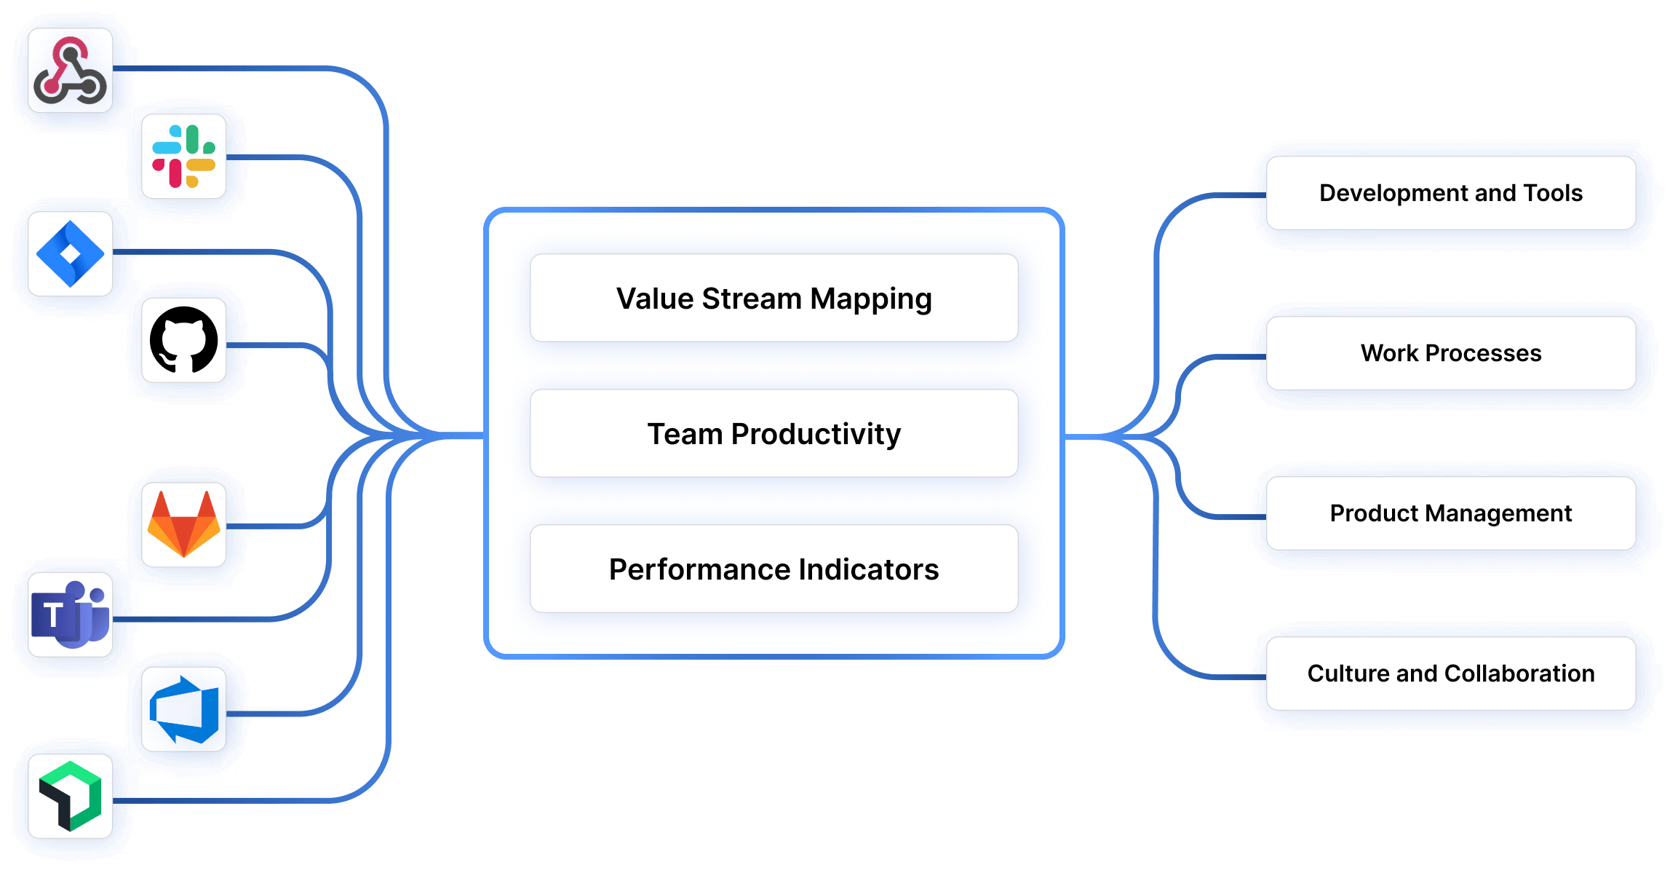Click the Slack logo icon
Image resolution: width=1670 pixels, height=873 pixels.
pos(183,157)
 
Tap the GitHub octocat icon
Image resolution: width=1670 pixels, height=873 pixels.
pos(183,340)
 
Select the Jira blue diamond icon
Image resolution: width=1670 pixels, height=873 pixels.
pos(71,254)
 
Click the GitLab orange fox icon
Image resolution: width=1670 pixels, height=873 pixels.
pos(183,524)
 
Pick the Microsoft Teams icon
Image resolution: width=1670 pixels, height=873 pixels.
pos(71,615)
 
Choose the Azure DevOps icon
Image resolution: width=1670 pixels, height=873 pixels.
pos(183,709)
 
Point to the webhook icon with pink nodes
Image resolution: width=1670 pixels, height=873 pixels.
pos(71,71)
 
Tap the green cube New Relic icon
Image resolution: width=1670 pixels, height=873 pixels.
pos(71,796)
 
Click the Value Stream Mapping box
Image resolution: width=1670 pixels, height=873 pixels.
pos(774,298)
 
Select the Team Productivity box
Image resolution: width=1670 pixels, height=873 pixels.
pos(774,433)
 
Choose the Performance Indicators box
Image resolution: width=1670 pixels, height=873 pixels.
pos(774,569)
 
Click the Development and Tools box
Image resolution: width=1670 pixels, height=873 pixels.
pos(1450,193)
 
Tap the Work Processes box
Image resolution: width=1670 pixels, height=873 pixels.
pos(1450,353)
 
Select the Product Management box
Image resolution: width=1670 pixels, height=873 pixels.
pos(1450,513)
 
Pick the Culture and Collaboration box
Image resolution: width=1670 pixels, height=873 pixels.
pos(1450,673)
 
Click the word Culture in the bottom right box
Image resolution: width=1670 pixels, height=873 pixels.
pos(1348,673)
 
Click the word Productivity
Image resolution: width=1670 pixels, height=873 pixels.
pos(816,434)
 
